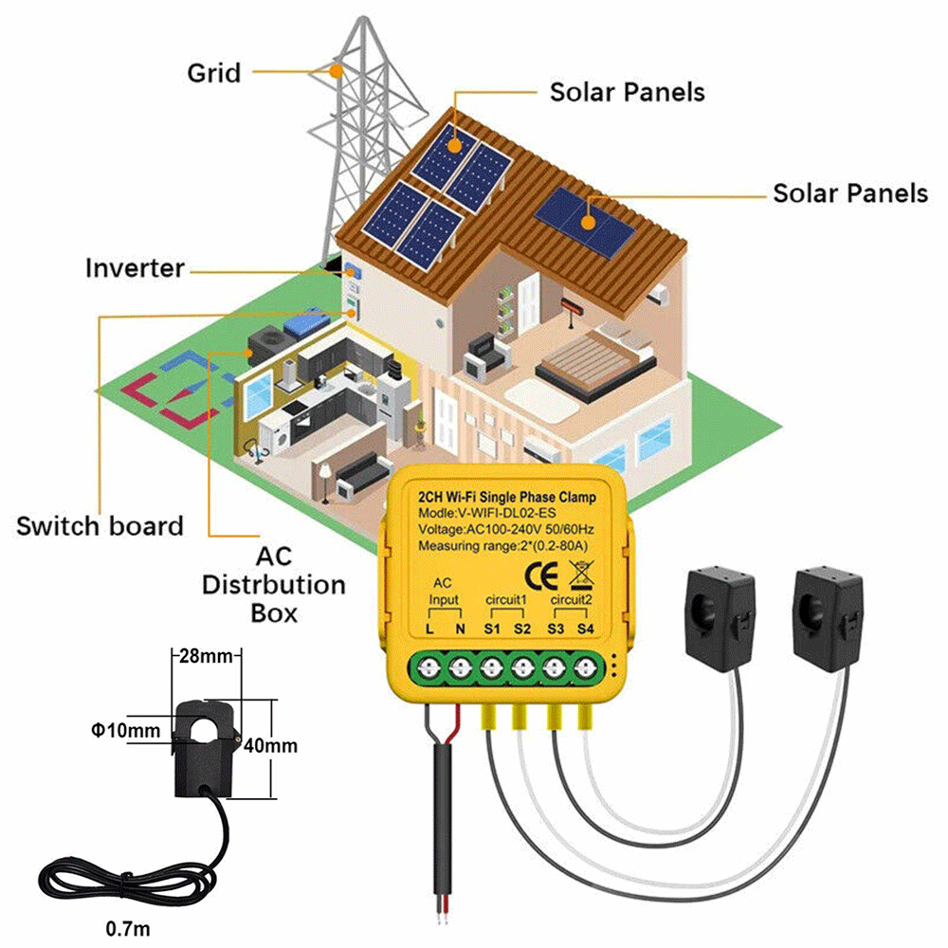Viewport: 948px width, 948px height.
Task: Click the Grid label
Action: [x=213, y=72]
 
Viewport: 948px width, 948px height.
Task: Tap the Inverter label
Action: [x=135, y=267]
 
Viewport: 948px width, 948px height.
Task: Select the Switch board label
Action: [x=100, y=525]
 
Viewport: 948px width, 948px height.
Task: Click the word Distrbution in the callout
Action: [x=273, y=584]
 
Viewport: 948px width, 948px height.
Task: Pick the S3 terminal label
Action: [x=556, y=629]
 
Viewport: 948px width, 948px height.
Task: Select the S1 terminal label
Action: [x=491, y=629]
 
